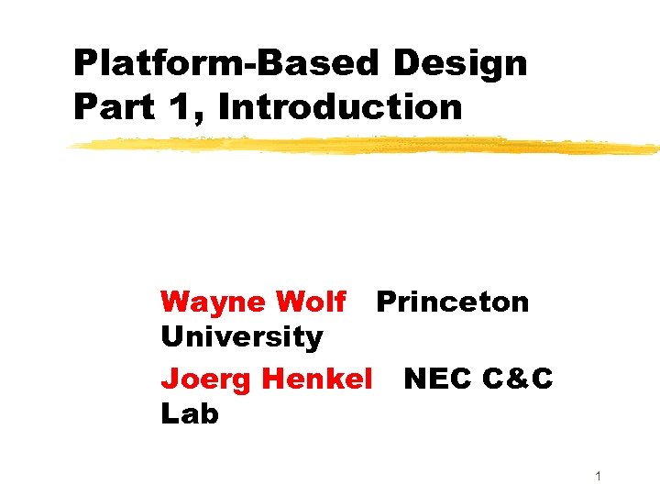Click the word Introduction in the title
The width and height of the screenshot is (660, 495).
pos(341,107)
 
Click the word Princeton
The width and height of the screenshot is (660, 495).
pos(453,302)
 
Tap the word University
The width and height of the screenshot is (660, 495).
pos(241,337)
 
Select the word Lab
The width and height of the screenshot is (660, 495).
pos(189,413)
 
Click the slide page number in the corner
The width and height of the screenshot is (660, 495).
pos(598,476)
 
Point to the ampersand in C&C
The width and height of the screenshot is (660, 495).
pos(518,377)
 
